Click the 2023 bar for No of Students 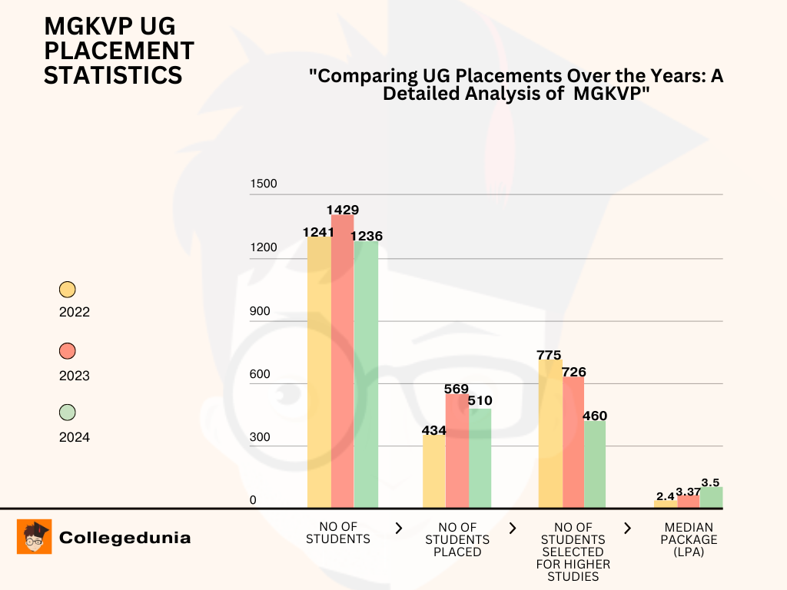(342, 361)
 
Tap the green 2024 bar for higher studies (594, 464)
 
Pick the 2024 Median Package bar (711, 497)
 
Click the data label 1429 (342, 210)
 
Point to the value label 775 (550, 354)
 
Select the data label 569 (457, 389)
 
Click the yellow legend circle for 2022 (68, 290)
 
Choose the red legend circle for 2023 (68, 351)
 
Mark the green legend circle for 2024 (68, 413)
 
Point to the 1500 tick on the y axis (264, 184)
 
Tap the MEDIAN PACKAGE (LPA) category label (689, 539)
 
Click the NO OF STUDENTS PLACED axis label (457, 539)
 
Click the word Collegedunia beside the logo (125, 538)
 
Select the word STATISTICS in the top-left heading (113, 75)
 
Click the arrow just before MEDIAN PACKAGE (628, 528)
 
